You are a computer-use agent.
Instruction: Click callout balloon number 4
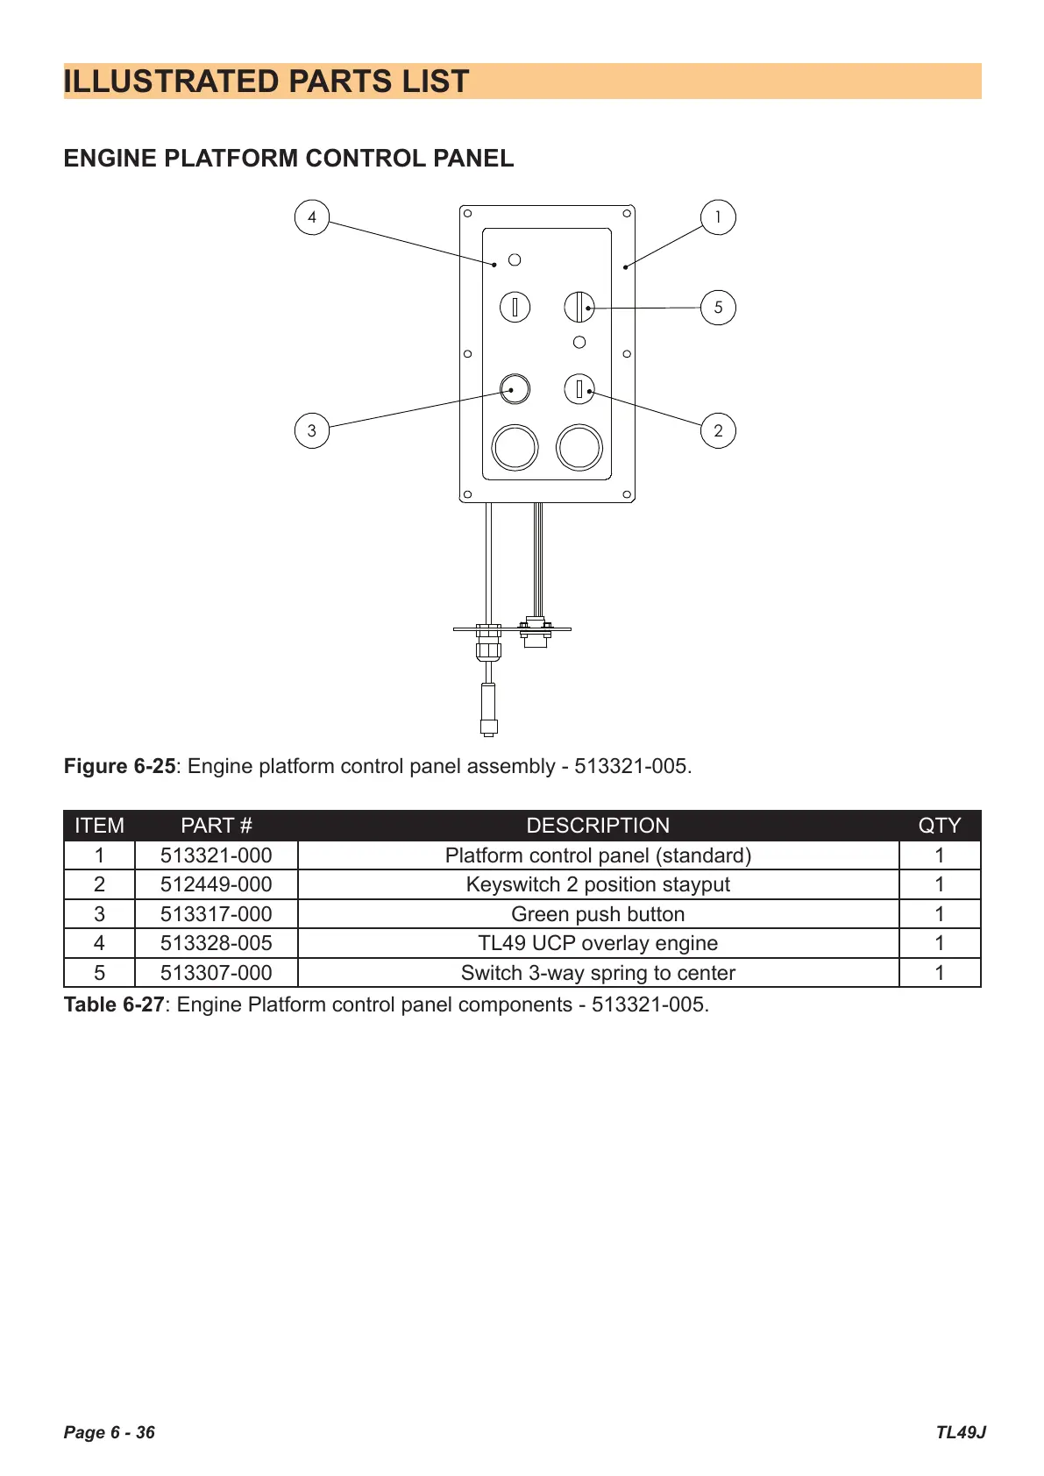[312, 217]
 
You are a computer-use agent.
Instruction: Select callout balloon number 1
[718, 217]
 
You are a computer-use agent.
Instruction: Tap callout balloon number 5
[718, 307]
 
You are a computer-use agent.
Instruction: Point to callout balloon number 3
[312, 431]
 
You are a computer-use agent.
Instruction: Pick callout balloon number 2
[718, 431]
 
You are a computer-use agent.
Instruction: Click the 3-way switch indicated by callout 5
[579, 307]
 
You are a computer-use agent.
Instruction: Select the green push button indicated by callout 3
[515, 389]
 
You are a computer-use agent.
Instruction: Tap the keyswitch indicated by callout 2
[579, 389]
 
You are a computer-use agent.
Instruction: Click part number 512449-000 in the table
[217, 884]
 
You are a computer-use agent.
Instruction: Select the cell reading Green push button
[598, 914]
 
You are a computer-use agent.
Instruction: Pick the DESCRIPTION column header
[598, 825]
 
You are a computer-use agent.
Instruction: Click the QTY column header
[939, 825]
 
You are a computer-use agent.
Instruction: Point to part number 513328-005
[217, 943]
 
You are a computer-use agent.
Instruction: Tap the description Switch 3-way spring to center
[598, 973]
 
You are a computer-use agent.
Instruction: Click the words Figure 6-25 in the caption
[120, 766]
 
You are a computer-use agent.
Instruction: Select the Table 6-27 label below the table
[114, 1004]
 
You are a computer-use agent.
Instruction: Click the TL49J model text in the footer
[961, 1432]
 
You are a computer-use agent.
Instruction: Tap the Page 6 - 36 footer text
[110, 1432]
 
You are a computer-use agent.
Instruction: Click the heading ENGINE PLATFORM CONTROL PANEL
[288, 158]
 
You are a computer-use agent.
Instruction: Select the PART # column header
[217, 825]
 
